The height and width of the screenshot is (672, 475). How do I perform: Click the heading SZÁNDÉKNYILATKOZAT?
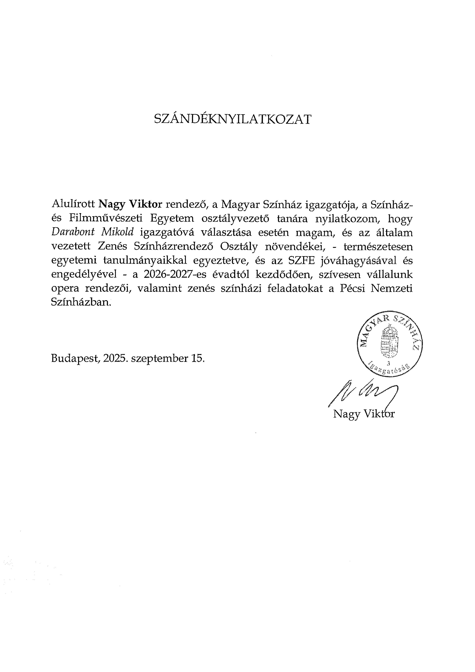(233, 120)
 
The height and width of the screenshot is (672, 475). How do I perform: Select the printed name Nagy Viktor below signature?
(364, 414)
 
